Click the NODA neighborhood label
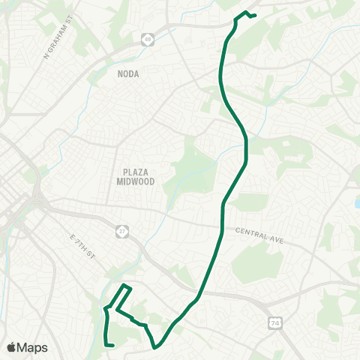pos(128,73)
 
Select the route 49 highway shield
pos(148,39)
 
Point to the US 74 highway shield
pos(274,322)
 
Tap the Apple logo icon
pos(12,347)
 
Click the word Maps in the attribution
pos(33,347)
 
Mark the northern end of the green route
pos(256,16)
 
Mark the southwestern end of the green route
pos(112,346)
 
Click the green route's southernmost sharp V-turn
pos(155,347)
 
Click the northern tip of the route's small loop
pos(124,285)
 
